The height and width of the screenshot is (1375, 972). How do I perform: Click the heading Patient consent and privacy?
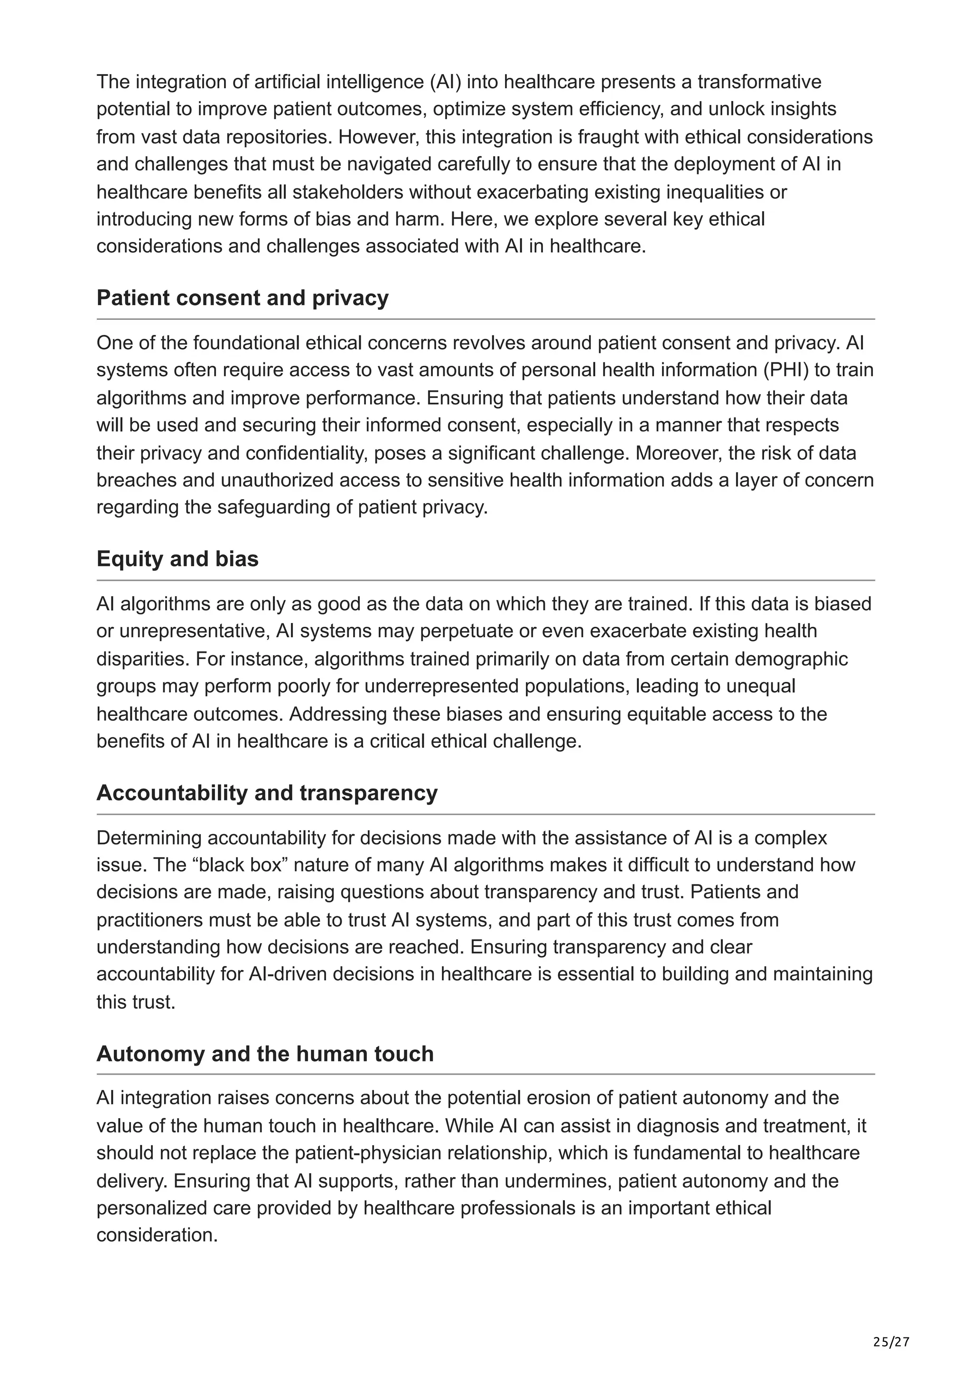[242, 297]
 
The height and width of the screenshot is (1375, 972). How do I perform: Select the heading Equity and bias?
[178, 559]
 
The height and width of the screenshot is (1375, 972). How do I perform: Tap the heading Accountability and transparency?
[267, 793]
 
